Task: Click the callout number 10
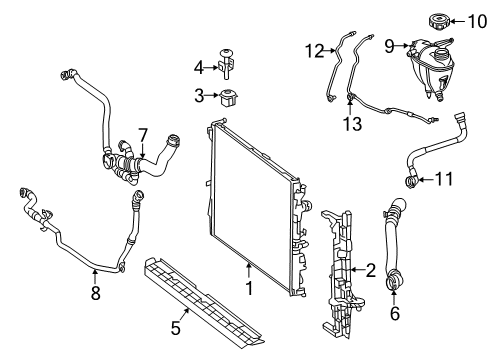point(477,22)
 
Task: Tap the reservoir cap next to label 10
point(439,21)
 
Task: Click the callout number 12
point(315,51)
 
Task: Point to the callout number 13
point(352,124)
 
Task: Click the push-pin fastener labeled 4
point(226,64)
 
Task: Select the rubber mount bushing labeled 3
point(229,98)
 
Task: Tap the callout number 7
point(143,136)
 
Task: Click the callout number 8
point(96,293)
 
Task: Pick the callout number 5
point(176,328)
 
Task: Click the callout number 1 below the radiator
point(249,288)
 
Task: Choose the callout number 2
point(371,270)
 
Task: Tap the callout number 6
point(395,313)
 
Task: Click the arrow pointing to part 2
point(358,269)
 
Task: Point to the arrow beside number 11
point(425,180)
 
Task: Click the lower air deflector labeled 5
point(202,302)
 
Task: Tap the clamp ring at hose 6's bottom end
point(393,281)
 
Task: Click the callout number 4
point(199,68)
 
